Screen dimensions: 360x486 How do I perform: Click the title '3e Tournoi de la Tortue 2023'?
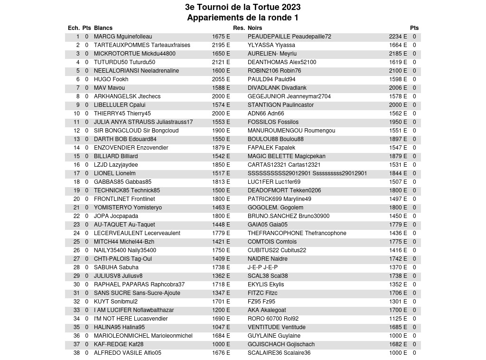tap(243, 7)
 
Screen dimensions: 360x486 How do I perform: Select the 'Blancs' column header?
tap(103, 28)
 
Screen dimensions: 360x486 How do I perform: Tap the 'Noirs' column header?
tap(255, 28)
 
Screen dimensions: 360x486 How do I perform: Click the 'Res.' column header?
tap(239, 28)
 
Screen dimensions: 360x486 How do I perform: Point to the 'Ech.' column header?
tap(74, 28)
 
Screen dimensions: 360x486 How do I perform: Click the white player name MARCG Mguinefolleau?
tap(123, 37)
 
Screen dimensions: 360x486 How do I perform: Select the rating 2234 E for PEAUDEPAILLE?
tap(398, 37)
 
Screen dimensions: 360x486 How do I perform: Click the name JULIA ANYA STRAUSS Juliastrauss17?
tap(143, 122)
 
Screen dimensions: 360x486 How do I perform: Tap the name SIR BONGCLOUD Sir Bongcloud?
tap(136, 131)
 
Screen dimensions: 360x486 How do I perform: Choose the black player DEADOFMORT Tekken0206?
tap(284, 190)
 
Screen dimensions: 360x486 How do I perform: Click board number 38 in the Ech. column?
tap(76, 353)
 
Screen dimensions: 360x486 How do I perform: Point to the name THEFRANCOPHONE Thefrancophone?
tap(297, 233)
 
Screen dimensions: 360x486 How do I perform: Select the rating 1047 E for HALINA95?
tap(221, 327)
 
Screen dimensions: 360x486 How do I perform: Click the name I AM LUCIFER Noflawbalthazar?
tap(134, 310)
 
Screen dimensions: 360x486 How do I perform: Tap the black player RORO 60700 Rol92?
tap(273, 319)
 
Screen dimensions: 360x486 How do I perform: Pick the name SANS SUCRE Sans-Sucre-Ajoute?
tap(137, 293)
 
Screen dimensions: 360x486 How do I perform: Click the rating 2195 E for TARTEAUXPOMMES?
tap(221, 45)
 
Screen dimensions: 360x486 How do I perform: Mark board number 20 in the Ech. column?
tap(76, 199)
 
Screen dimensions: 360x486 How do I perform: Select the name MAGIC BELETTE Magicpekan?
tap(287, 156)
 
